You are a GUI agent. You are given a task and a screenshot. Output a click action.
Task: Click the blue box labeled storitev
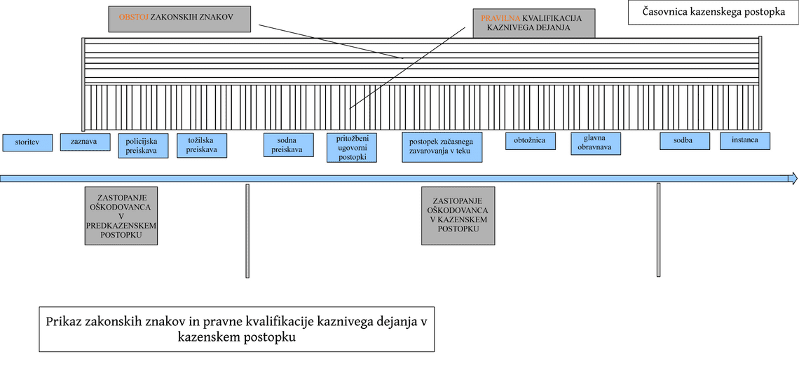coord(27,143)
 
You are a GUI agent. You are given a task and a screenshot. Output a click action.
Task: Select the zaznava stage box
coord(86,142)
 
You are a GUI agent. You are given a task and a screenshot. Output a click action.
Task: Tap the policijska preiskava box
coord(144,146)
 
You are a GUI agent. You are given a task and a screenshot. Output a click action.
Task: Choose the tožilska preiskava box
coord(202,145)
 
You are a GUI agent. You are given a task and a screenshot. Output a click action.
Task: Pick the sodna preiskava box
coord(289,145)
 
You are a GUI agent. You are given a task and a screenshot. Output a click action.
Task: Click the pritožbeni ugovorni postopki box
coord(352,148)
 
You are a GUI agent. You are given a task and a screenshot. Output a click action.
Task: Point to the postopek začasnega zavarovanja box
coord(442,147)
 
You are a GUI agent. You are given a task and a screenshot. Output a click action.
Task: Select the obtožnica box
coord(531,141)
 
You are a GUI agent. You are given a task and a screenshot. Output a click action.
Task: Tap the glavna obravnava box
coord(596,144)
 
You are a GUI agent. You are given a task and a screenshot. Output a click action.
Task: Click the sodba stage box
coord(685,141)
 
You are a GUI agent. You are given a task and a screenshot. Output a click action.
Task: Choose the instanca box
coord(745,141)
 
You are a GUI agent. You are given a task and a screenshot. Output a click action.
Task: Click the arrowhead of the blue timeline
coord(793,178)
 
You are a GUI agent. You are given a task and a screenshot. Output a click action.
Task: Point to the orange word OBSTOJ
coord(133,17)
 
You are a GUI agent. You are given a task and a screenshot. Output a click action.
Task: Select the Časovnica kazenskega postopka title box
coord(713,13)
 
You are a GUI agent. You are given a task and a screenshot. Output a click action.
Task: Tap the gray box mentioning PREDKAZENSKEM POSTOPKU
coord(121,216)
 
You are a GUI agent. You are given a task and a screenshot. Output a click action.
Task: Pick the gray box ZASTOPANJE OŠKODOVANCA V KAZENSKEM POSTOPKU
coord(458,216)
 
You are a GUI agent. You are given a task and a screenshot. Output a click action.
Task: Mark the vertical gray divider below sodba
coord(658,230)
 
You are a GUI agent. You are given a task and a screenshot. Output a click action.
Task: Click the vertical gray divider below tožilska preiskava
coord(247,231)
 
